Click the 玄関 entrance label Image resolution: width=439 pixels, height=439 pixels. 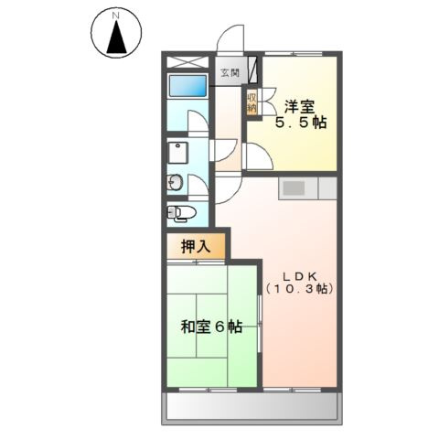pyautogui.click(x=229, y=73)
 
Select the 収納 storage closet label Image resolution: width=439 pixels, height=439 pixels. pyautogui.click(x=251, y=102)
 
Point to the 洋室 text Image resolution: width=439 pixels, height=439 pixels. pyautogui.click(x=299, y=103)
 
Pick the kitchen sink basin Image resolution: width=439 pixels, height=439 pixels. pyautogui.click(x=294, y=187)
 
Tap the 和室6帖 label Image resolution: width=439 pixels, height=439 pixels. pyautogui.click(x=210, y=327)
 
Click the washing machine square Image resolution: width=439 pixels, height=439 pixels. pyautogui.click(x=177, y=152)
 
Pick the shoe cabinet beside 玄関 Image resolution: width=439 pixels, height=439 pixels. pyautogui.click(x=253, y=71)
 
